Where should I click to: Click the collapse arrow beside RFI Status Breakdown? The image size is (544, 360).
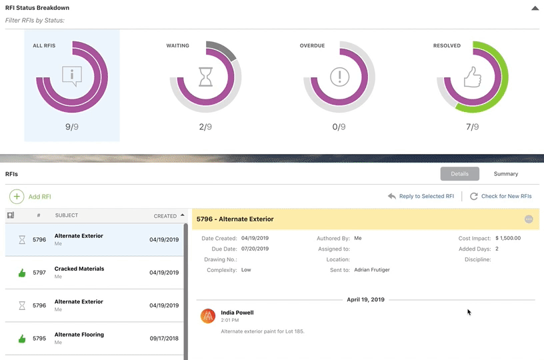(x=535, y=9)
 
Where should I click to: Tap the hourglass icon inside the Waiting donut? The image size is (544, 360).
(x=206, y=76)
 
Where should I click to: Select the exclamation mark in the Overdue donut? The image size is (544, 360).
(x=339, y=76)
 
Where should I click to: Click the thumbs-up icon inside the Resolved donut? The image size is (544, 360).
(x=473, y=76)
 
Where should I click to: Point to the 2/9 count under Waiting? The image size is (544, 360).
(x=205, y=127)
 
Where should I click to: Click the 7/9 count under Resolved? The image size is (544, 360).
(x=472, y=127)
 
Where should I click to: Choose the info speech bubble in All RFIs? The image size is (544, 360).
(x=72, y=76)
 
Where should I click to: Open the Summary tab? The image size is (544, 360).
(x=506, y=174)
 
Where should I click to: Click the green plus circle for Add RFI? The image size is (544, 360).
(x=17, y=197)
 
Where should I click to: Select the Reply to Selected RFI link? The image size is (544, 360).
(x=421, y=197)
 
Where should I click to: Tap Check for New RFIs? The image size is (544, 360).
(x=501, y=197)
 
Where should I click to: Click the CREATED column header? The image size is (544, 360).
(x=165, y=216)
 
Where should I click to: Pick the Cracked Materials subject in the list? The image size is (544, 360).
(x=79, y=269)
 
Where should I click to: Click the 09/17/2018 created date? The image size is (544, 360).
(x=163, y=338)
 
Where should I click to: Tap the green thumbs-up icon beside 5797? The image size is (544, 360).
(x=22, y=273)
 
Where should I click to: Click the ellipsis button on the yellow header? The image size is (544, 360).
(x=529, y=219)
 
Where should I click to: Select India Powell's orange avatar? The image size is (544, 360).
(x=208, y=316)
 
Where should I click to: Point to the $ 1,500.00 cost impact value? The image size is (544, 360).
(x=508, y=238)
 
